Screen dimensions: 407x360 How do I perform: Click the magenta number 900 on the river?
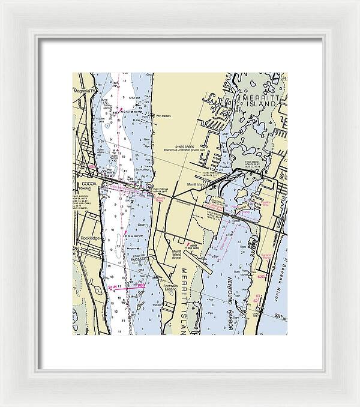pyautogui.click(x=140, y=286)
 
